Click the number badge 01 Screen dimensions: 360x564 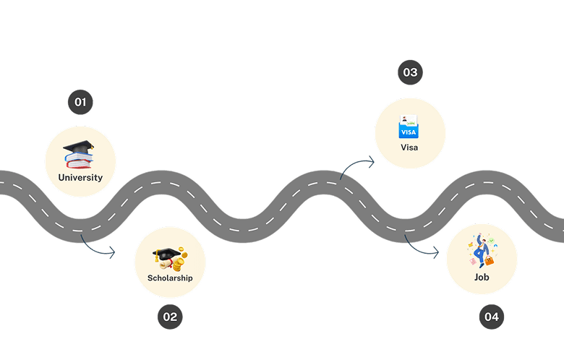[80, 102]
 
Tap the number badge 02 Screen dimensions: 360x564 [170, 316]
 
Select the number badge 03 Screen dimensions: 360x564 [410, 72]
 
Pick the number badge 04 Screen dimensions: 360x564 [492, 317]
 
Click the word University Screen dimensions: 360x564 [80, 177]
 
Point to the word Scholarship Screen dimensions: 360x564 [170, 278]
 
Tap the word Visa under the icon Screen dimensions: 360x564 [409, 147]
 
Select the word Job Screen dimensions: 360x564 [482, 277]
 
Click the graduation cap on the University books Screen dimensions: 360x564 [79, 147]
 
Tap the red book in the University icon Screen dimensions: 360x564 [80, 164]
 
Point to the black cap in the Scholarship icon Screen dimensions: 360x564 [166, 254]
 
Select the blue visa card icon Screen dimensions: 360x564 [409, 131]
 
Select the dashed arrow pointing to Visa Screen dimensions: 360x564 [357, 165]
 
